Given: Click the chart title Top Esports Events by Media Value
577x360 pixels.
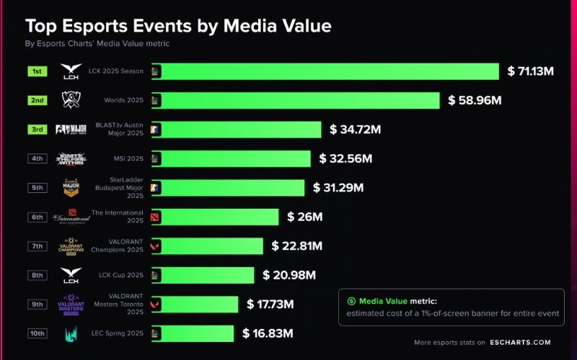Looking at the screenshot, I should click(178, 27).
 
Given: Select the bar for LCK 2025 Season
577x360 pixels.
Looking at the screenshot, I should click(325, 71).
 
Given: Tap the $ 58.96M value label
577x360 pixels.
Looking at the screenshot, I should click(475, 100).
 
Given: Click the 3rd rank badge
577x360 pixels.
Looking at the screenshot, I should click(38, 130).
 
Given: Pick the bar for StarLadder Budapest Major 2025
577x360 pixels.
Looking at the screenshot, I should click(227, 188).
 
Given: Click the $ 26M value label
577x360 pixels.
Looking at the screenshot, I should click(304, 217).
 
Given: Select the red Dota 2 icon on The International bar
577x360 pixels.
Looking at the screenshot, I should click(156, 217).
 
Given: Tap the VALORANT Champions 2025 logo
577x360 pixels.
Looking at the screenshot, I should click(71, 246).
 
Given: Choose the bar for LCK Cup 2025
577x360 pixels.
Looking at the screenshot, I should click(202, 275).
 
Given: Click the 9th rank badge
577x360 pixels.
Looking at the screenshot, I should click(38, 305).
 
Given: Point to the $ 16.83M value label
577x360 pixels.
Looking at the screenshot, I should click(268, 333).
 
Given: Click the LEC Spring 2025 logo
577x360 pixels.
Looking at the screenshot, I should click(71, 333).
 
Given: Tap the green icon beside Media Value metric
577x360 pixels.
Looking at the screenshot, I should click(351, 301).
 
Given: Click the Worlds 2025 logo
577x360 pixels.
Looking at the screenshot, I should click(71, 100).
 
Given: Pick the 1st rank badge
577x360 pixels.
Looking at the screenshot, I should click(38, 71).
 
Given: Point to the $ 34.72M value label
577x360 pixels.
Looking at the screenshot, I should click(355, 130).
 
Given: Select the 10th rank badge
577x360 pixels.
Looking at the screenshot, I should click(38, 333).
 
